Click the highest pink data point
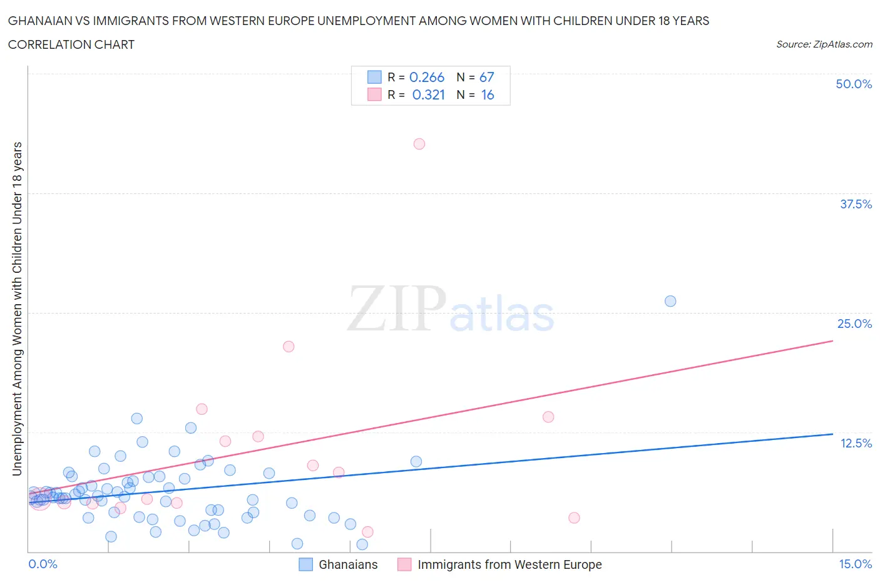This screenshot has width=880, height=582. [419, 144]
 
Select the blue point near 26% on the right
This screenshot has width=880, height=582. [670, 301]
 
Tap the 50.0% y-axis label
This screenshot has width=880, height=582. [854, 84]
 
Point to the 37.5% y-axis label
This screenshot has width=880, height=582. [856, 204]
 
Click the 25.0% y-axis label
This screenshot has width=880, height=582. [854, 324]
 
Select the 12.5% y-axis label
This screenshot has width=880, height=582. [856, 443]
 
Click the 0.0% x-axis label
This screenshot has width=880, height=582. [43, 564]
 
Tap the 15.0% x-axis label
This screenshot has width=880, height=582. [855, 564]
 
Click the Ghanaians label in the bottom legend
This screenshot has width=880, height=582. [348, 564]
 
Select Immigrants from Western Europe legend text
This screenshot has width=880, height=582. [509, 564]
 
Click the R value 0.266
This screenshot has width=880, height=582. [427, 77]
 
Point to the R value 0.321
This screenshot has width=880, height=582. [429, 94]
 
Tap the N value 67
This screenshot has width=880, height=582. [487, 77]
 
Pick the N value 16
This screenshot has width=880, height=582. [488, 94]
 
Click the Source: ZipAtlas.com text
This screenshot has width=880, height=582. [824, 44]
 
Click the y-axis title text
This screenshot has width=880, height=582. [17, 309]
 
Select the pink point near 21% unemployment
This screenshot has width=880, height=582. [289, 347]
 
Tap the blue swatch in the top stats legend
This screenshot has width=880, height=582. [374, 77]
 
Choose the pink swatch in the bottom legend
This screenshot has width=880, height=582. [404, 564]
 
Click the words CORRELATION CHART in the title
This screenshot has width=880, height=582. [71, 44]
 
